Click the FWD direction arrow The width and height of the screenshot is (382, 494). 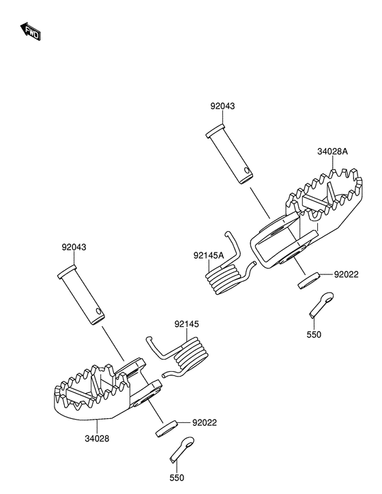point(31,31)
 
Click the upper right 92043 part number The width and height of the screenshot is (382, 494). point(222,106)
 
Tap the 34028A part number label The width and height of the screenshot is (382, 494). point(333,151)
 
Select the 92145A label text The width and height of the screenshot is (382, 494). point(209,255)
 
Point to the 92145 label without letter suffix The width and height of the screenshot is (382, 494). point(187,324)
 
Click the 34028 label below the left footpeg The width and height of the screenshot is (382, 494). point(97,438)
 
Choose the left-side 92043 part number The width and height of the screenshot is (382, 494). point(74,247)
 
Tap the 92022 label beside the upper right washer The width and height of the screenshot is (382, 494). point(346,275)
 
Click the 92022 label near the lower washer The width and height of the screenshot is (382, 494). point(205,422)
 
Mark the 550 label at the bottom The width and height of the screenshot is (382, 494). point(177,478)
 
